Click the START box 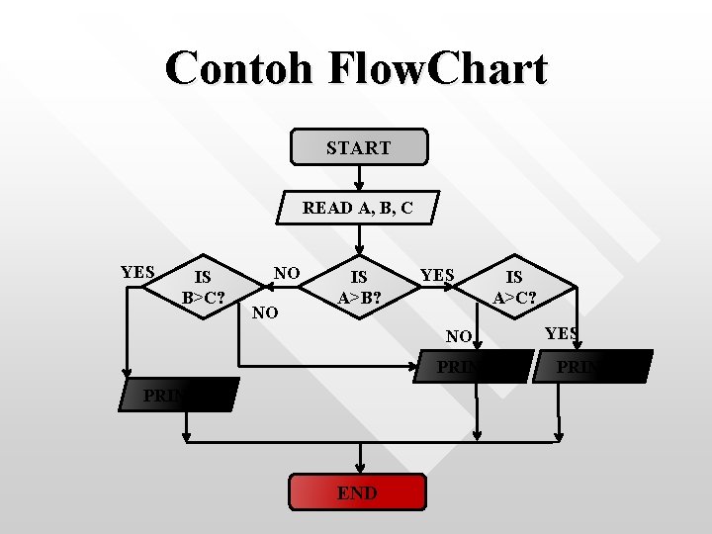pos(358,146)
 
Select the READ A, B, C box pos(357,208)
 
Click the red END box pos(357,492)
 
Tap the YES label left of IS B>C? pos(137,272)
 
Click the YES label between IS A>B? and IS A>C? pos(437,275)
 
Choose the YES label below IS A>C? pos(561,333)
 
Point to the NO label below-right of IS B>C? pos(264,313)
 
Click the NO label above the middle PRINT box pos(458,336)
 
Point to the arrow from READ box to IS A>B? pos(360,237)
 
